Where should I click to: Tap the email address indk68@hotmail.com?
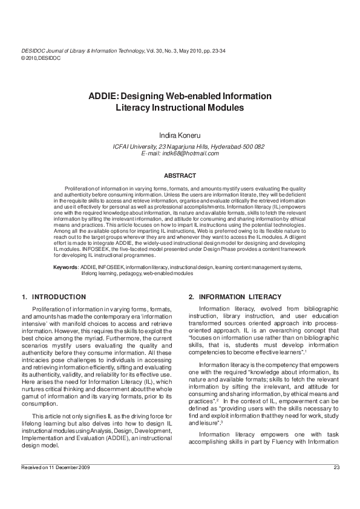coord(180,154)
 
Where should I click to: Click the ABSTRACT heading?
coord(180,175)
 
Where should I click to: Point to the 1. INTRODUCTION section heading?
coord(54,297)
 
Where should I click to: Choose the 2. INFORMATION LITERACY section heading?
coord(235,297)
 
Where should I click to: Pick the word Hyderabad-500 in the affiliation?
coord(239,147)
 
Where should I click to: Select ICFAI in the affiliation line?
coord(123,147)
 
